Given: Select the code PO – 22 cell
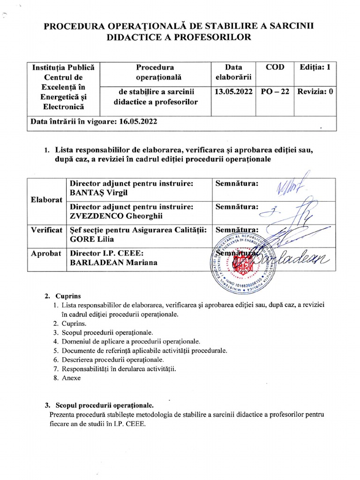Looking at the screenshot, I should tap(275, 92).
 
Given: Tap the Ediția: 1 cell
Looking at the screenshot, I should tap(315, 67).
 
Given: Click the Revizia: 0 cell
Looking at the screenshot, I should tap(315, 92).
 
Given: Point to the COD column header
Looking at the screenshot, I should tap(275, 67).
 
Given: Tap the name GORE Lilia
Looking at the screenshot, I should tap(91, 239).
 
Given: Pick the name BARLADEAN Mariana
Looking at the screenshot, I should tap(113, 262).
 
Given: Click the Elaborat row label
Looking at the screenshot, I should tap(47, 200).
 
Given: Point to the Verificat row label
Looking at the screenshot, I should tap(47, 230).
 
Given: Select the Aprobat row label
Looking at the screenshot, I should tap(46, 253).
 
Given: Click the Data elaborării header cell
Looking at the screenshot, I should tap(233, 71).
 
